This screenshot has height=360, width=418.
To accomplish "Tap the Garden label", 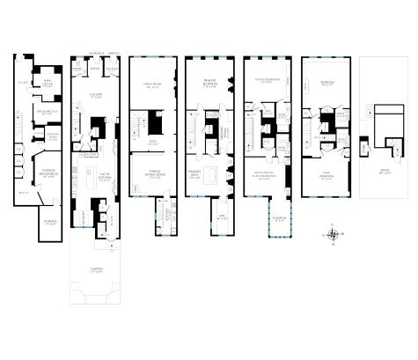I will tap(97, 268).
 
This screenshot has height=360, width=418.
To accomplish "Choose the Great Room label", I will tap(150, 85).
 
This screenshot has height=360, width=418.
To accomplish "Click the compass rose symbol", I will tap(334, 234).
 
